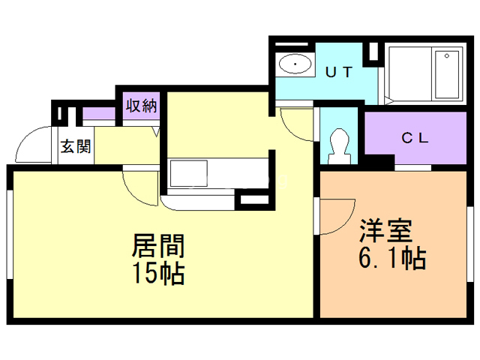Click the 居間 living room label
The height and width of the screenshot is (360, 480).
158,245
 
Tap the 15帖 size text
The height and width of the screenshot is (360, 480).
158,273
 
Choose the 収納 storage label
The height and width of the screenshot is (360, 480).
140,106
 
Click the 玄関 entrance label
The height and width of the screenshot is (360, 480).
75,145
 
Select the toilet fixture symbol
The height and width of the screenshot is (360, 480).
339,143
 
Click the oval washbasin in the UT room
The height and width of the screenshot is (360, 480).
296,66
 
